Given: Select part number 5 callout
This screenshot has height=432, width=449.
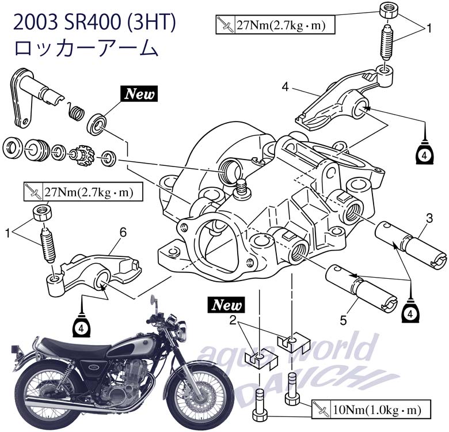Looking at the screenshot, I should click(x=343, y=319).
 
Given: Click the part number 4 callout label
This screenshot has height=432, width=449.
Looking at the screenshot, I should click(x=285, y=87).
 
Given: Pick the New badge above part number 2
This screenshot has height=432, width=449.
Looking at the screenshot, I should click(x=228, y=304).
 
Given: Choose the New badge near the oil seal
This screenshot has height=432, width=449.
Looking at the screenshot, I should click(x=138, y=93).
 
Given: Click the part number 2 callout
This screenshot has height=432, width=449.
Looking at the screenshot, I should click(x=232, y=321).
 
